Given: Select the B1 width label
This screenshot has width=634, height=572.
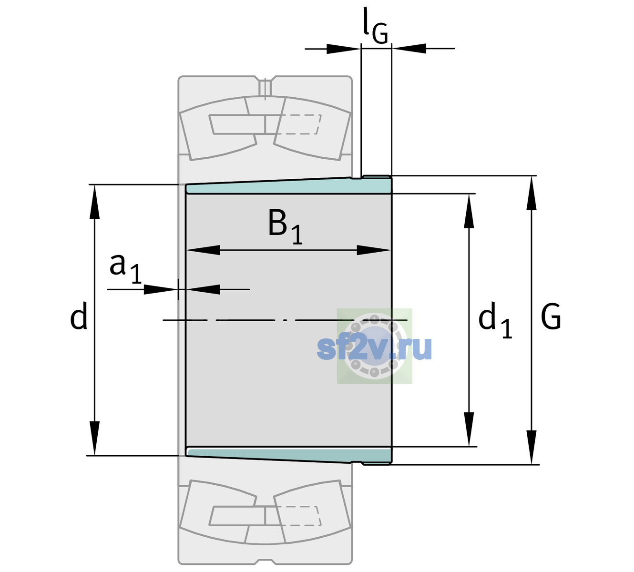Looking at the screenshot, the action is point(285,226).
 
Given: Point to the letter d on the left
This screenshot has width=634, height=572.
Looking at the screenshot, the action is point(78,316).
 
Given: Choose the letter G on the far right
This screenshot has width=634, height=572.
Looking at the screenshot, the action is point(551,317).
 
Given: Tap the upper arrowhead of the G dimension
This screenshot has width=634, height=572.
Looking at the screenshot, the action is point(532,193).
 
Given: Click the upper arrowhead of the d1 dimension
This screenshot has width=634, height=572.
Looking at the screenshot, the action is point(469,211).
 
